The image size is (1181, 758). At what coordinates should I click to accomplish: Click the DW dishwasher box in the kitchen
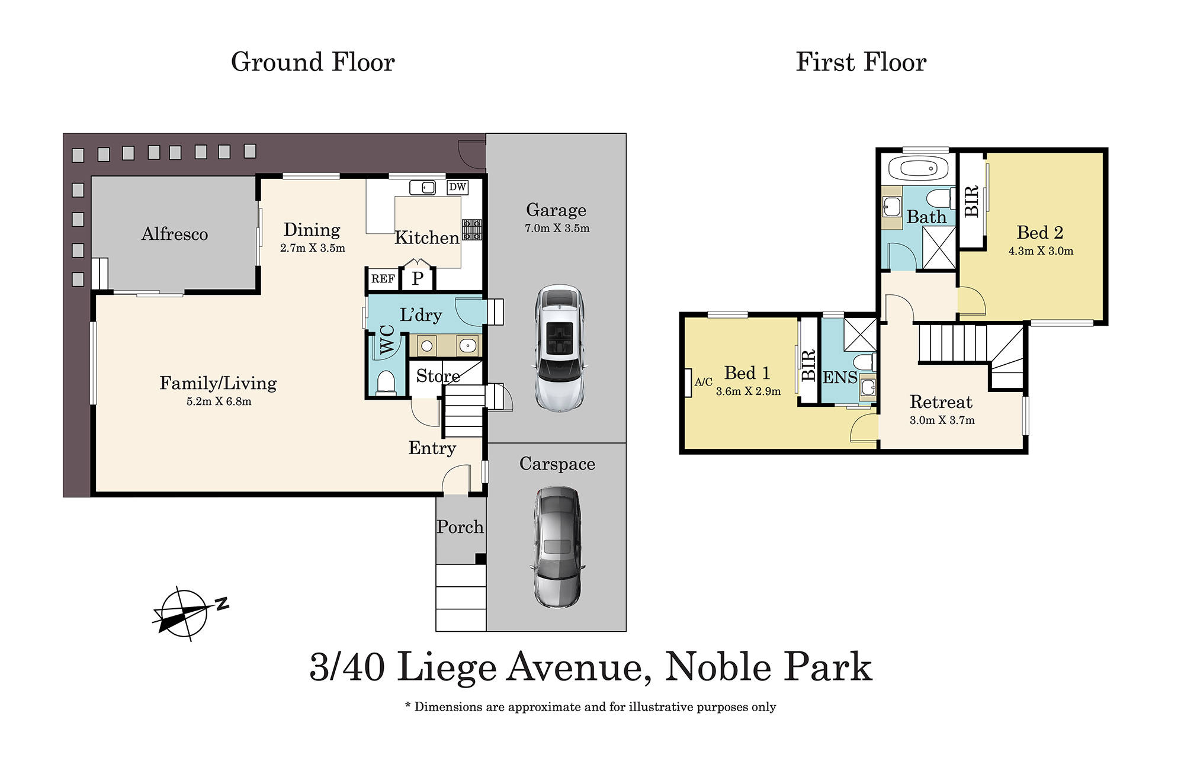pyautogui.click(x=457, y=187)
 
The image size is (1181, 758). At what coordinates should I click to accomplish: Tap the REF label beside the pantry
pyautogui.click(x=383, y=279)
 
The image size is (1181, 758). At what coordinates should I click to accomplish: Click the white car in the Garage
pyautogui.click(x=559, y=348)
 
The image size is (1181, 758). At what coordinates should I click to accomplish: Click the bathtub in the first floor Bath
pyautogui.click(x=916, y=169)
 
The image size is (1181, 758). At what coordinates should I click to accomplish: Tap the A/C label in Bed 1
pyautogui.click(x=703, y=383)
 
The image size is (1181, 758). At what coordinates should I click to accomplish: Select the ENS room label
pyautogui.click(x=839, y=377)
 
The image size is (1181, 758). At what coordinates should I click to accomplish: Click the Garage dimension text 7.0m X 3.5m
pyautogui.click(x=557, y=229)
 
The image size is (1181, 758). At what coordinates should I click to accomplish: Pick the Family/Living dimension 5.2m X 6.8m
pyautogui.click(x=219, y=402)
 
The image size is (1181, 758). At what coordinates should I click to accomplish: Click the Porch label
pyautogui.click(x=460, y=526)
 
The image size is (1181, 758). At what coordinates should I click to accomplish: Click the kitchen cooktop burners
pyautogui.click(x=471, y=230)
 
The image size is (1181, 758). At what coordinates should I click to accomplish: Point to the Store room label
pyautogui.click(x=437, y=376)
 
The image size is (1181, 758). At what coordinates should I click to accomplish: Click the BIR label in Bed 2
pyautogui.click(x=971, y=201)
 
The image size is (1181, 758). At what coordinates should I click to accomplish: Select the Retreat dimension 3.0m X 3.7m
pyautogui.click(x=942, y=420)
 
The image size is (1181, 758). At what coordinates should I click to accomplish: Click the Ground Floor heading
pyautogui.click(x=313, y=62)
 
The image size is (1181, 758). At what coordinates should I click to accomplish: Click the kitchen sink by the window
pyautogui.click(x=422, y=188)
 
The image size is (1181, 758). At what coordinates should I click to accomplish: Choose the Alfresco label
pyautogui.click(x=174, y=234)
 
